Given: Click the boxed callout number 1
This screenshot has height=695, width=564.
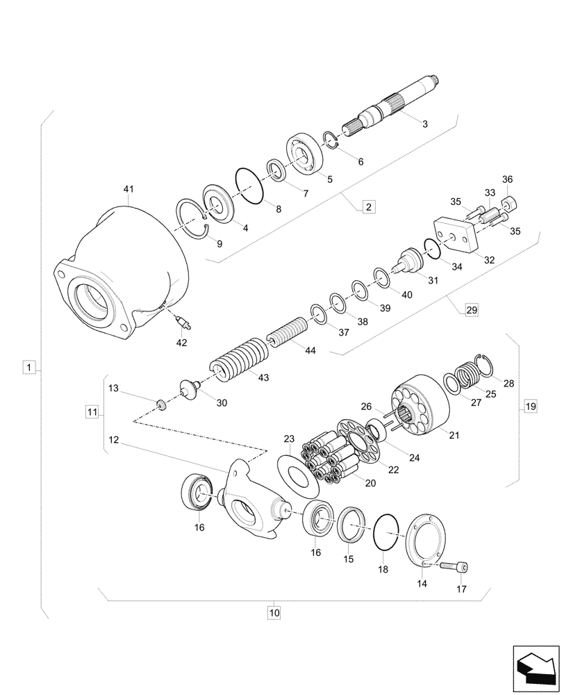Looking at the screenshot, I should click(28, 366).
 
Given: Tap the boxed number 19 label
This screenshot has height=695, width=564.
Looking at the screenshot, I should click(531, 407).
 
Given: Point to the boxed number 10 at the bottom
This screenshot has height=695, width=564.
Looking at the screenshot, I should click(274, 613).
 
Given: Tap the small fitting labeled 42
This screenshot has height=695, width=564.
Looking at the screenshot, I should click(183, 320).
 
